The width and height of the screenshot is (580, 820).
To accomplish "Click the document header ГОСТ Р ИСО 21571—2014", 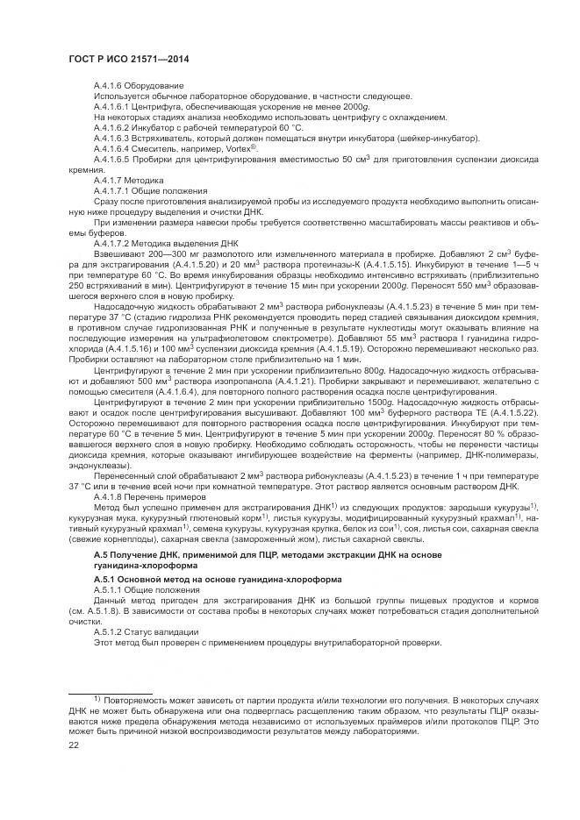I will (x=129, y=59).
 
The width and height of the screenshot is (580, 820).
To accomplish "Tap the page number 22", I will (x=75, y=745).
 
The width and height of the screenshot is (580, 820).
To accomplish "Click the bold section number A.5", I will (x=100, y=556).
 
